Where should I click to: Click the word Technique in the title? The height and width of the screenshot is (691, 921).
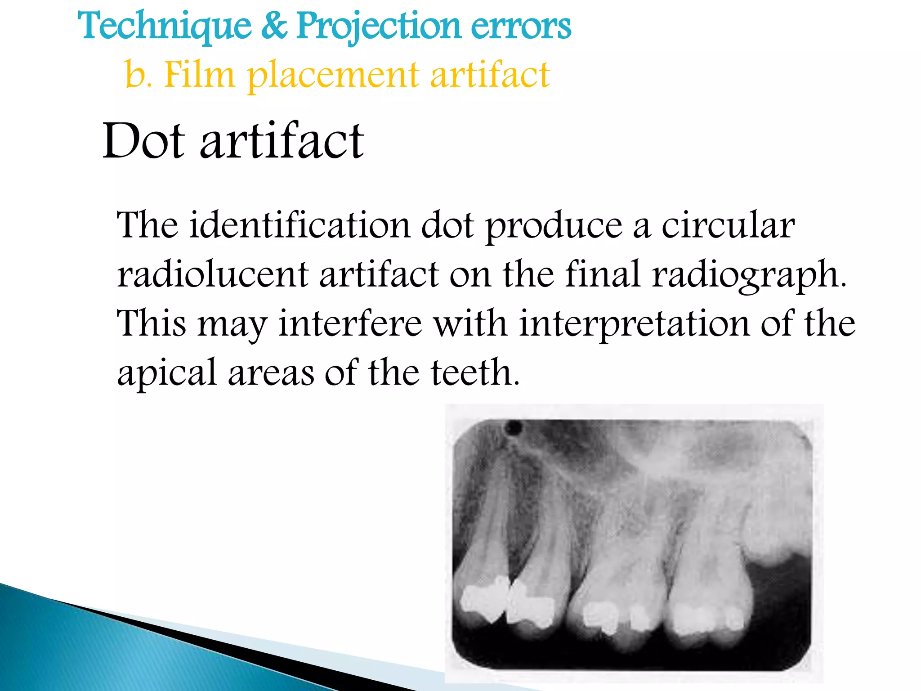[165, 26]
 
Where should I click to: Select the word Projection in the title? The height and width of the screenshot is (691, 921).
[378, 26]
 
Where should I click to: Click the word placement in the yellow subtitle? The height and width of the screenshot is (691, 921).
[333, 76]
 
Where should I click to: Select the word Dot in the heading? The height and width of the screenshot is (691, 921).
[143, 141]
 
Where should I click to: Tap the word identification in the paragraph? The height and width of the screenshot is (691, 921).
[300, 225]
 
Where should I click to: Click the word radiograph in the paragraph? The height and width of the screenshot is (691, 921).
[749, 275]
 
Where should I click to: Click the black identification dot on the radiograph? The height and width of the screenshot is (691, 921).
[514, 427]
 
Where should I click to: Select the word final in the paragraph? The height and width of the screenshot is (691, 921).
[602, 274]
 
